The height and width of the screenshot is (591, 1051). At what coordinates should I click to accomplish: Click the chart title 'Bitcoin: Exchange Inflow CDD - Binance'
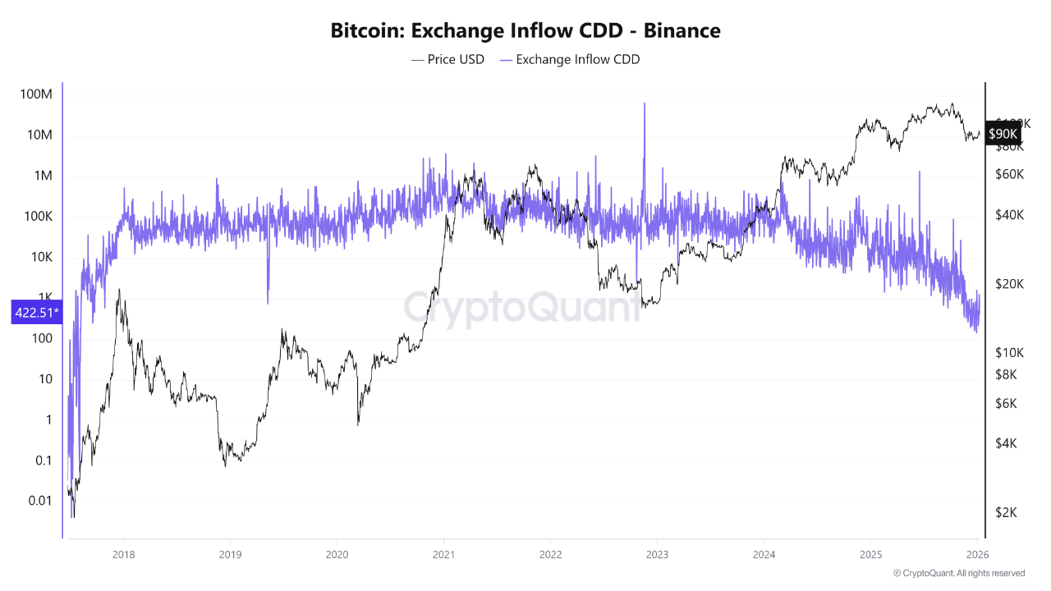[525, 31]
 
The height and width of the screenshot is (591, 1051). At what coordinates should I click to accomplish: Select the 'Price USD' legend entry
[447, 59]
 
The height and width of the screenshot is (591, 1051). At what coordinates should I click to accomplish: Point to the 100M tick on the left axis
[35, 94]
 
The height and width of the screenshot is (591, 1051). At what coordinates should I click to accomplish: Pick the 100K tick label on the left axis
[35, 217]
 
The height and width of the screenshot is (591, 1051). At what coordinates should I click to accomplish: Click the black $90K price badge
[1003, 133]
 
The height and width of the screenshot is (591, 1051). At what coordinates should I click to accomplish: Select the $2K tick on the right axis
[1007, 512]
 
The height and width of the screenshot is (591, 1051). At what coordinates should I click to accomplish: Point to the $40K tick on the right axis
[1009, 214]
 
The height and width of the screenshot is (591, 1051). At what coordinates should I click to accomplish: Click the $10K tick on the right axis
[1009, 352]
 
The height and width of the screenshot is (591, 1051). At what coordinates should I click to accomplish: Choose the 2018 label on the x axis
[123, 553]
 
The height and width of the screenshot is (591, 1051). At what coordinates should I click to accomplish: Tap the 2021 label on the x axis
[443, 553]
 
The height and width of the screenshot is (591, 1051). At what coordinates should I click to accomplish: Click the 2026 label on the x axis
[977, 553]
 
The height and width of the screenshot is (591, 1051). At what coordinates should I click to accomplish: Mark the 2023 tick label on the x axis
[657, 553]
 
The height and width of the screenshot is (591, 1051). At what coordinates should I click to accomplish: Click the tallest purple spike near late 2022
[645, 105]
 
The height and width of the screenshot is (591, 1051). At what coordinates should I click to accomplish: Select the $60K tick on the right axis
[1009, 174]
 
